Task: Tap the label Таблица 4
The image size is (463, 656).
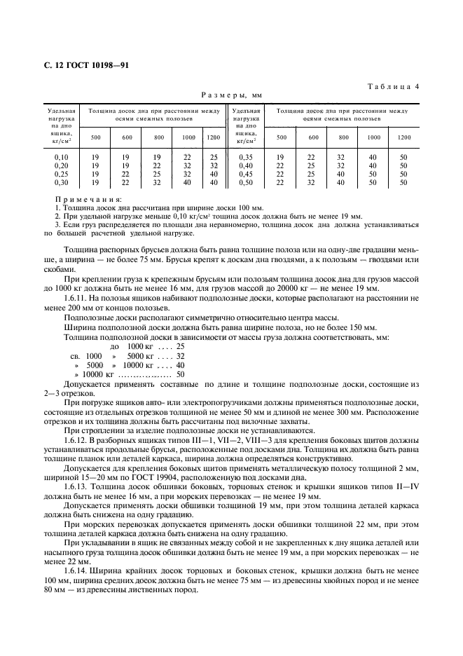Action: (393, 86)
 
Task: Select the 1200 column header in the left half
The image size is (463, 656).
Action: (214, 137)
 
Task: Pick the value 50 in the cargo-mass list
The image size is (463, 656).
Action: (180, 374)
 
